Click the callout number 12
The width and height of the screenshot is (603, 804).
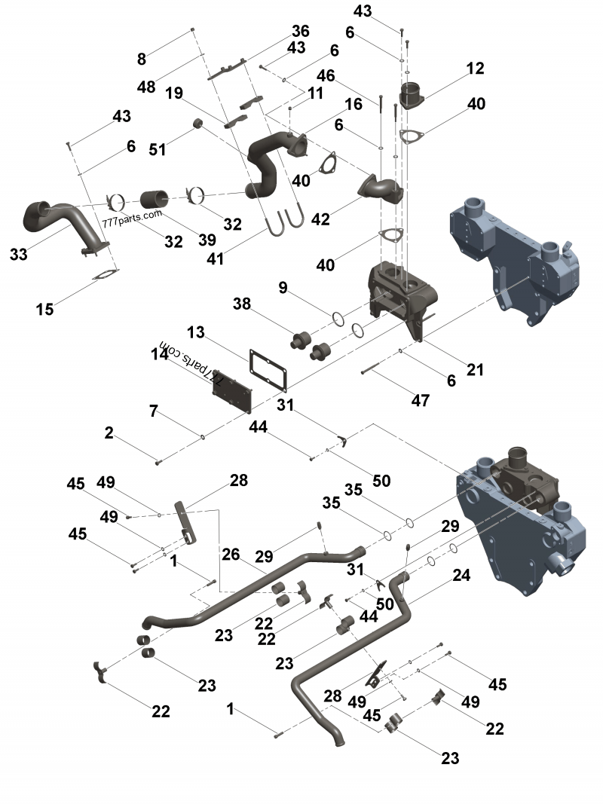[475, 69]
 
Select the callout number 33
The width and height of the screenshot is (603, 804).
[19, 255]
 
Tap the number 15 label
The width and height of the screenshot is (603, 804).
[44, 308]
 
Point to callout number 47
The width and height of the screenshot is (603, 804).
[420, 400]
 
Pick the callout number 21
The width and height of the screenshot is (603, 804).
[474, 369]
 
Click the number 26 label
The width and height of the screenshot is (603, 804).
[231, 554]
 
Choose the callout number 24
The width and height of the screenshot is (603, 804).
[461, 576]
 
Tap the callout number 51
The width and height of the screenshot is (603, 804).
[157, 149]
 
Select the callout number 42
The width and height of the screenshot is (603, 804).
[320, 219]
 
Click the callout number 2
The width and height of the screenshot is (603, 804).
[109, 433]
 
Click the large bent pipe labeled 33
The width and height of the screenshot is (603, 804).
[60, 217]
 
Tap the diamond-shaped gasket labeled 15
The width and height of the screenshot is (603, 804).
[106, 277]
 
